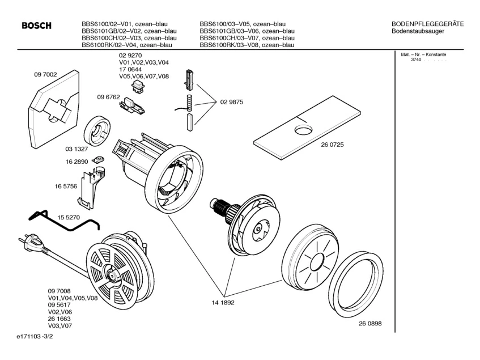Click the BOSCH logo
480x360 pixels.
pos(36,26)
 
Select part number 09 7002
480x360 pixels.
pos(45,74)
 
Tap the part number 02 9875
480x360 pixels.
pos(232,102)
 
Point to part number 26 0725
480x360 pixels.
pos(332,145)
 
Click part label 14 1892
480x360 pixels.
pos(223,302)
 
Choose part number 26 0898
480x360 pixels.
pos(370,323)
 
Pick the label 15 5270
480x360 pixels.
pos(69,217)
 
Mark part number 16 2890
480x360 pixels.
pos(77,162)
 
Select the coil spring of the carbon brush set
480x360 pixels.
pos(189,103)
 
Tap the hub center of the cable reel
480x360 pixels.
pos(110,274)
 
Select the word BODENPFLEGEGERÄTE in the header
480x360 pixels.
pos(428,24)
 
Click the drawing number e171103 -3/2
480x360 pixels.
pos(35,336)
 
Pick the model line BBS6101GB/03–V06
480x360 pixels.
pos(247,31)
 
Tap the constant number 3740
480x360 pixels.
pos(416,60)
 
